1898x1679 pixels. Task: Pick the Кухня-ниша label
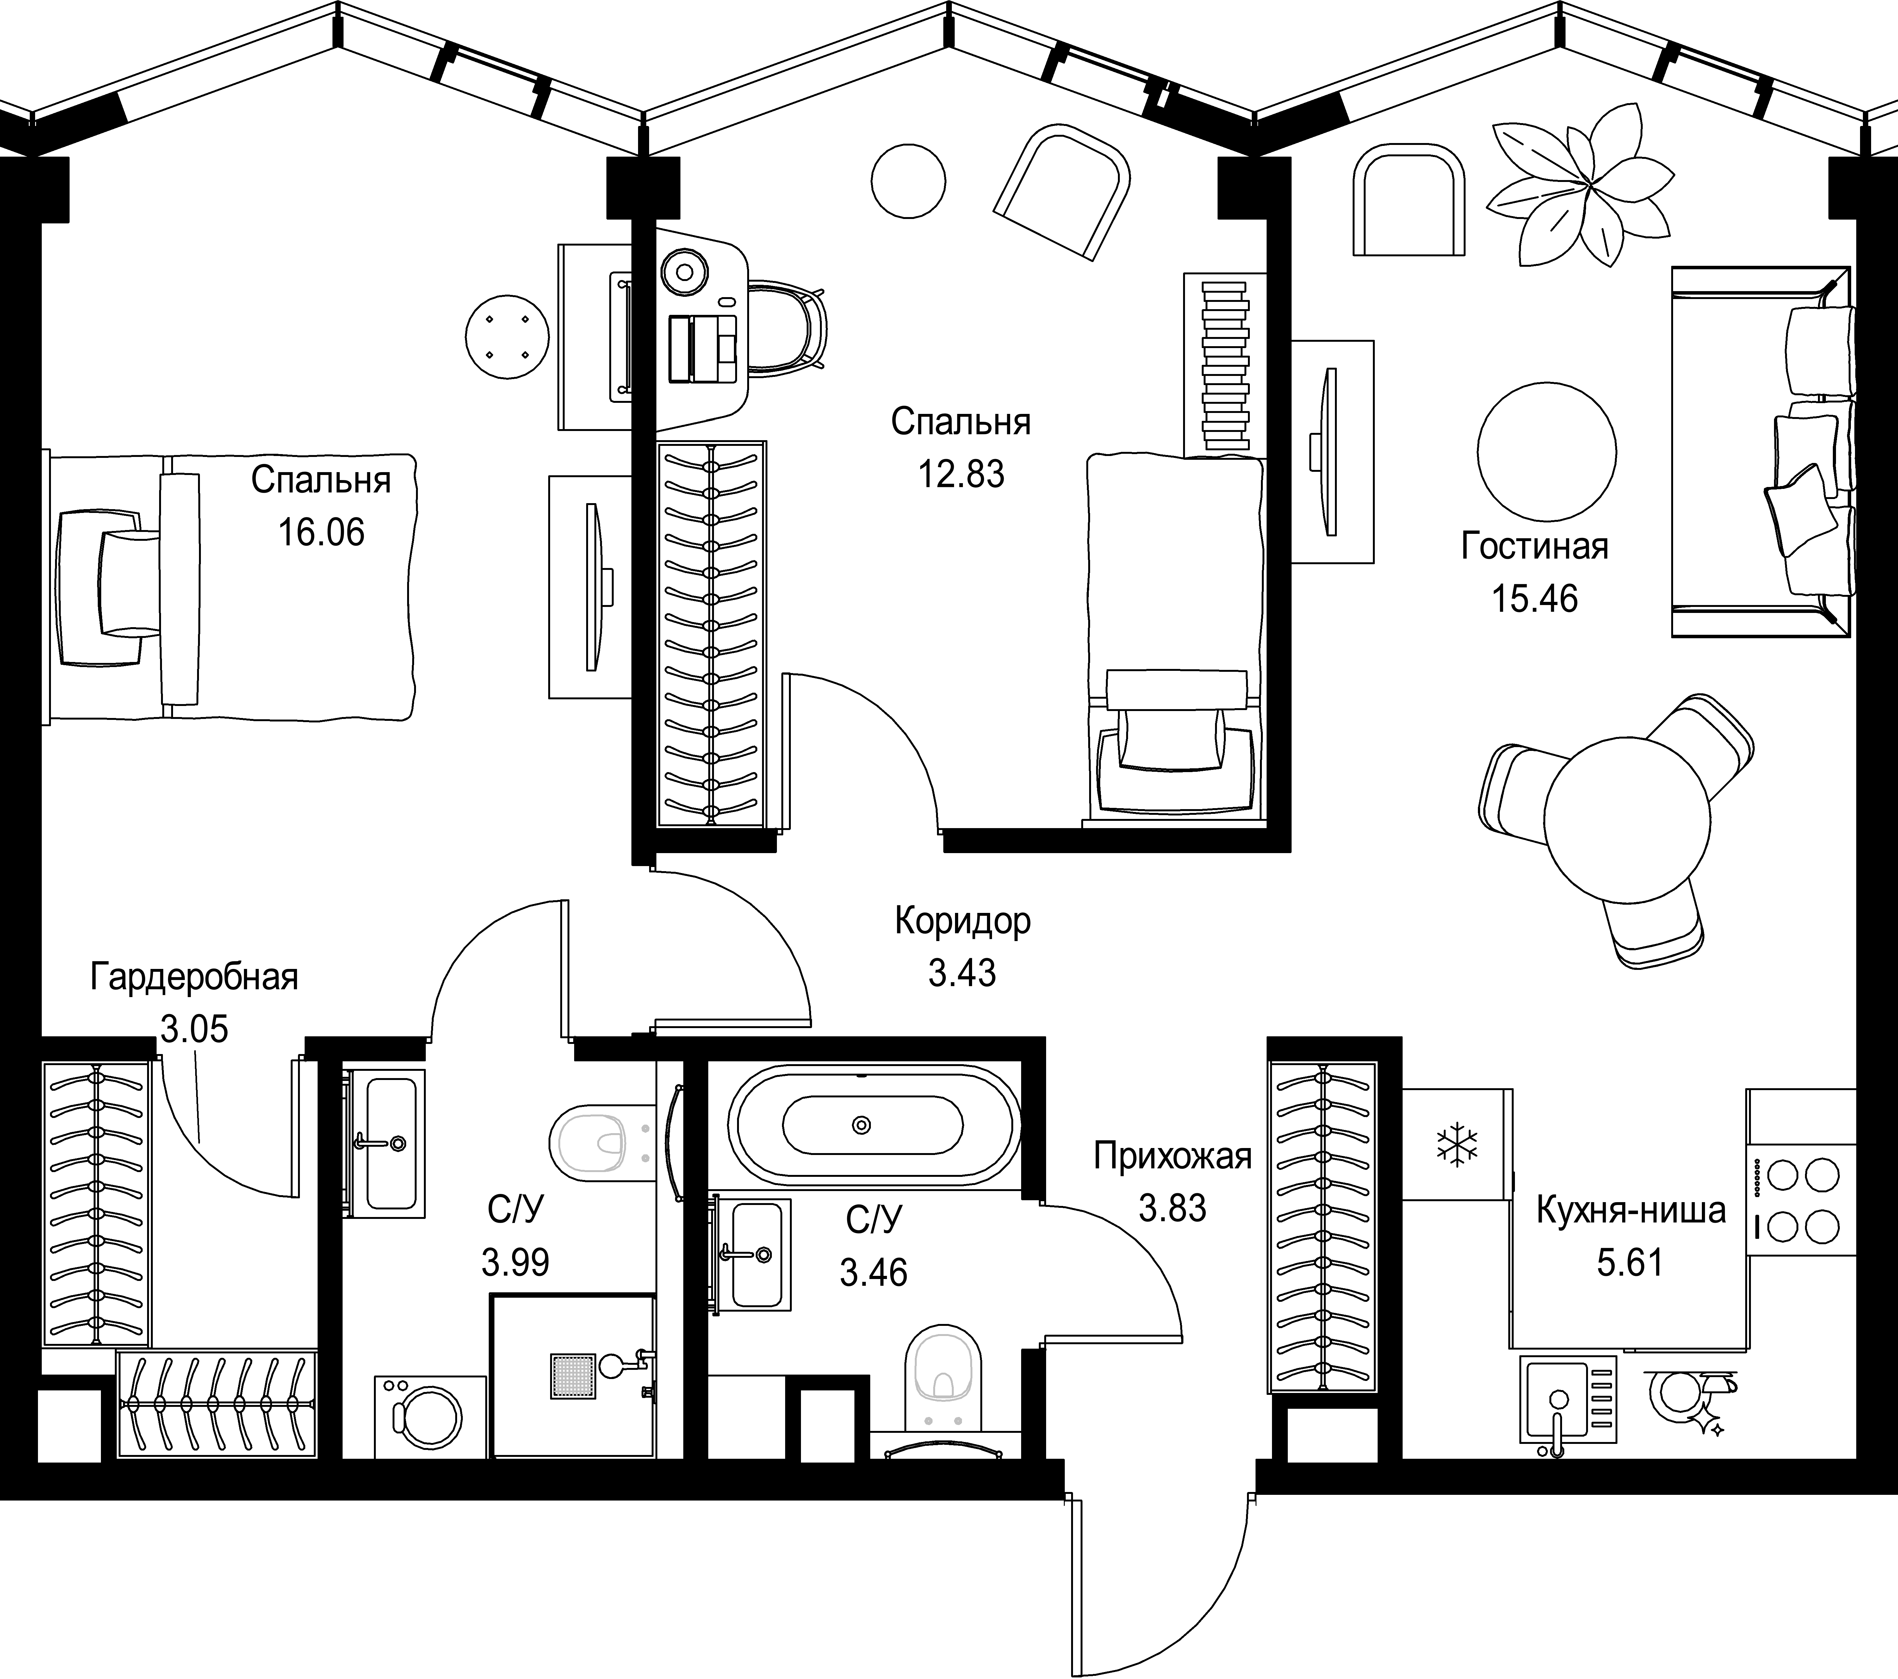click(1631, 1210)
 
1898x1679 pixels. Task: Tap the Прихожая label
click(1172, 1156)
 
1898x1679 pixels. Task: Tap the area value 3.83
click(1172, 1208)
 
